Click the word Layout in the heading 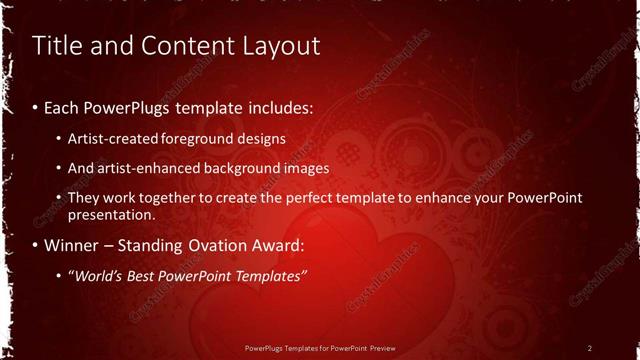click(283, 45)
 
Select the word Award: click(272, 245)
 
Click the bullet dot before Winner click(36, 245)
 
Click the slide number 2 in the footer click(589, 348)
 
